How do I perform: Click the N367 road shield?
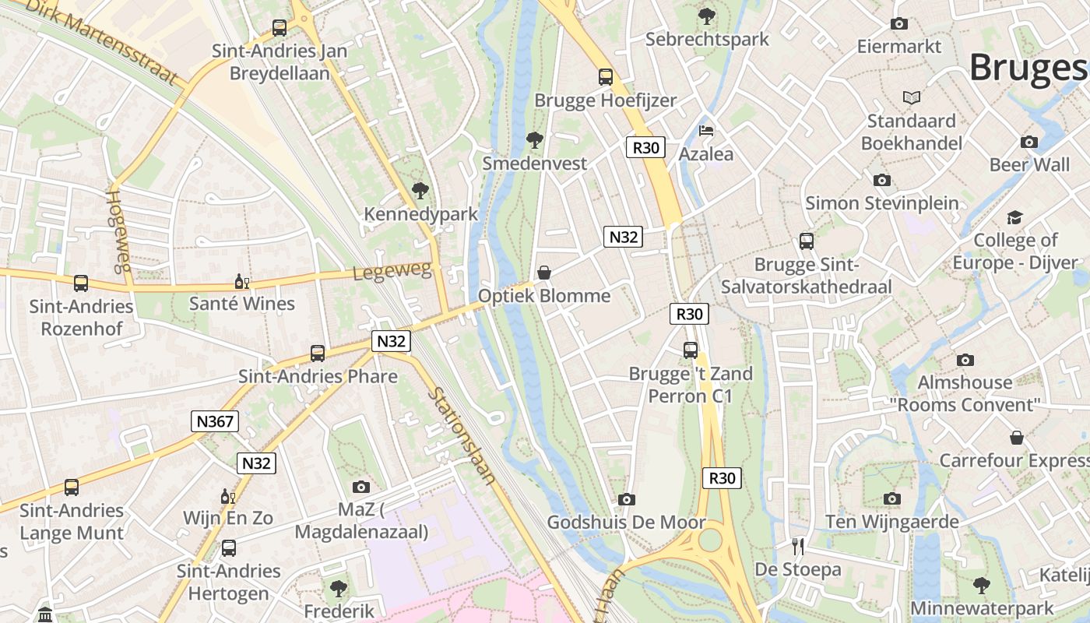215,421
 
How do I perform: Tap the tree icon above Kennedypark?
420,191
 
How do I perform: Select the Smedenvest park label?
534,164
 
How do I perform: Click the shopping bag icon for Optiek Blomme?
544,272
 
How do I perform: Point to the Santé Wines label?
242,304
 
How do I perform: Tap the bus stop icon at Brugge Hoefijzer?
606,76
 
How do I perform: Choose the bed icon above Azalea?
706,130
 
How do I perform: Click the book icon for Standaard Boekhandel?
912,97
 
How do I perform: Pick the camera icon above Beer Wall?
1029,142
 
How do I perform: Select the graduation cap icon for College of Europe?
1015,217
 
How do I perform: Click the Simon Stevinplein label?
882,203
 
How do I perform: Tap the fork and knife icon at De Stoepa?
797,546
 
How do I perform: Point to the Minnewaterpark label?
982,608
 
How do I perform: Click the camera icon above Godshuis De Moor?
626,499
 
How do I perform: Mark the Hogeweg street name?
118,231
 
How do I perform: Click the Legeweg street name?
392,272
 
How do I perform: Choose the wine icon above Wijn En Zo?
227,496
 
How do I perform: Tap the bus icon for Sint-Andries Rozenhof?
81,283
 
